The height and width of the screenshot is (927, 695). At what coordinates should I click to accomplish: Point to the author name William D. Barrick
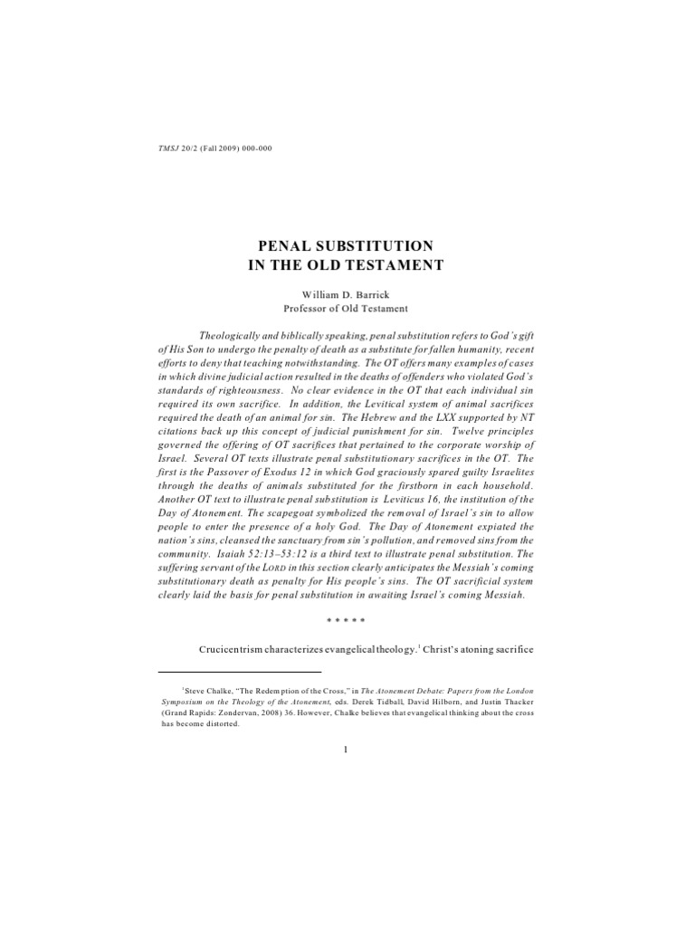pos(347,294)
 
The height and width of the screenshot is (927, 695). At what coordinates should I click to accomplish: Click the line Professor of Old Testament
pos(347,309)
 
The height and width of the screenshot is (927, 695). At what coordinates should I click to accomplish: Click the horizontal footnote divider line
pos(240,673)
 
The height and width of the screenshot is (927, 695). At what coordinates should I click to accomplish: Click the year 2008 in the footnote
pos(281,713)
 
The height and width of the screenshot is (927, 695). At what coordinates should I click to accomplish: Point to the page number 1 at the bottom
pos(347,775)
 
